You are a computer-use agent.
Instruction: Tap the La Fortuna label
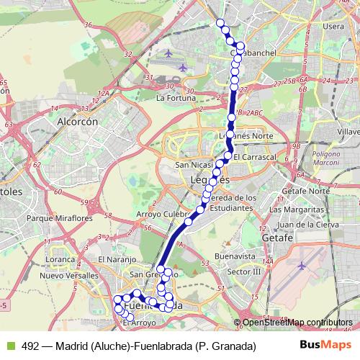(x=176, y=98)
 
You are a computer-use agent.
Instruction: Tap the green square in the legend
(x=9, y=346)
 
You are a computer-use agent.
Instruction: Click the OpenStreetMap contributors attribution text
(x=297, y=323)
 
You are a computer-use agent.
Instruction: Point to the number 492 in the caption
(x=30, y=346)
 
